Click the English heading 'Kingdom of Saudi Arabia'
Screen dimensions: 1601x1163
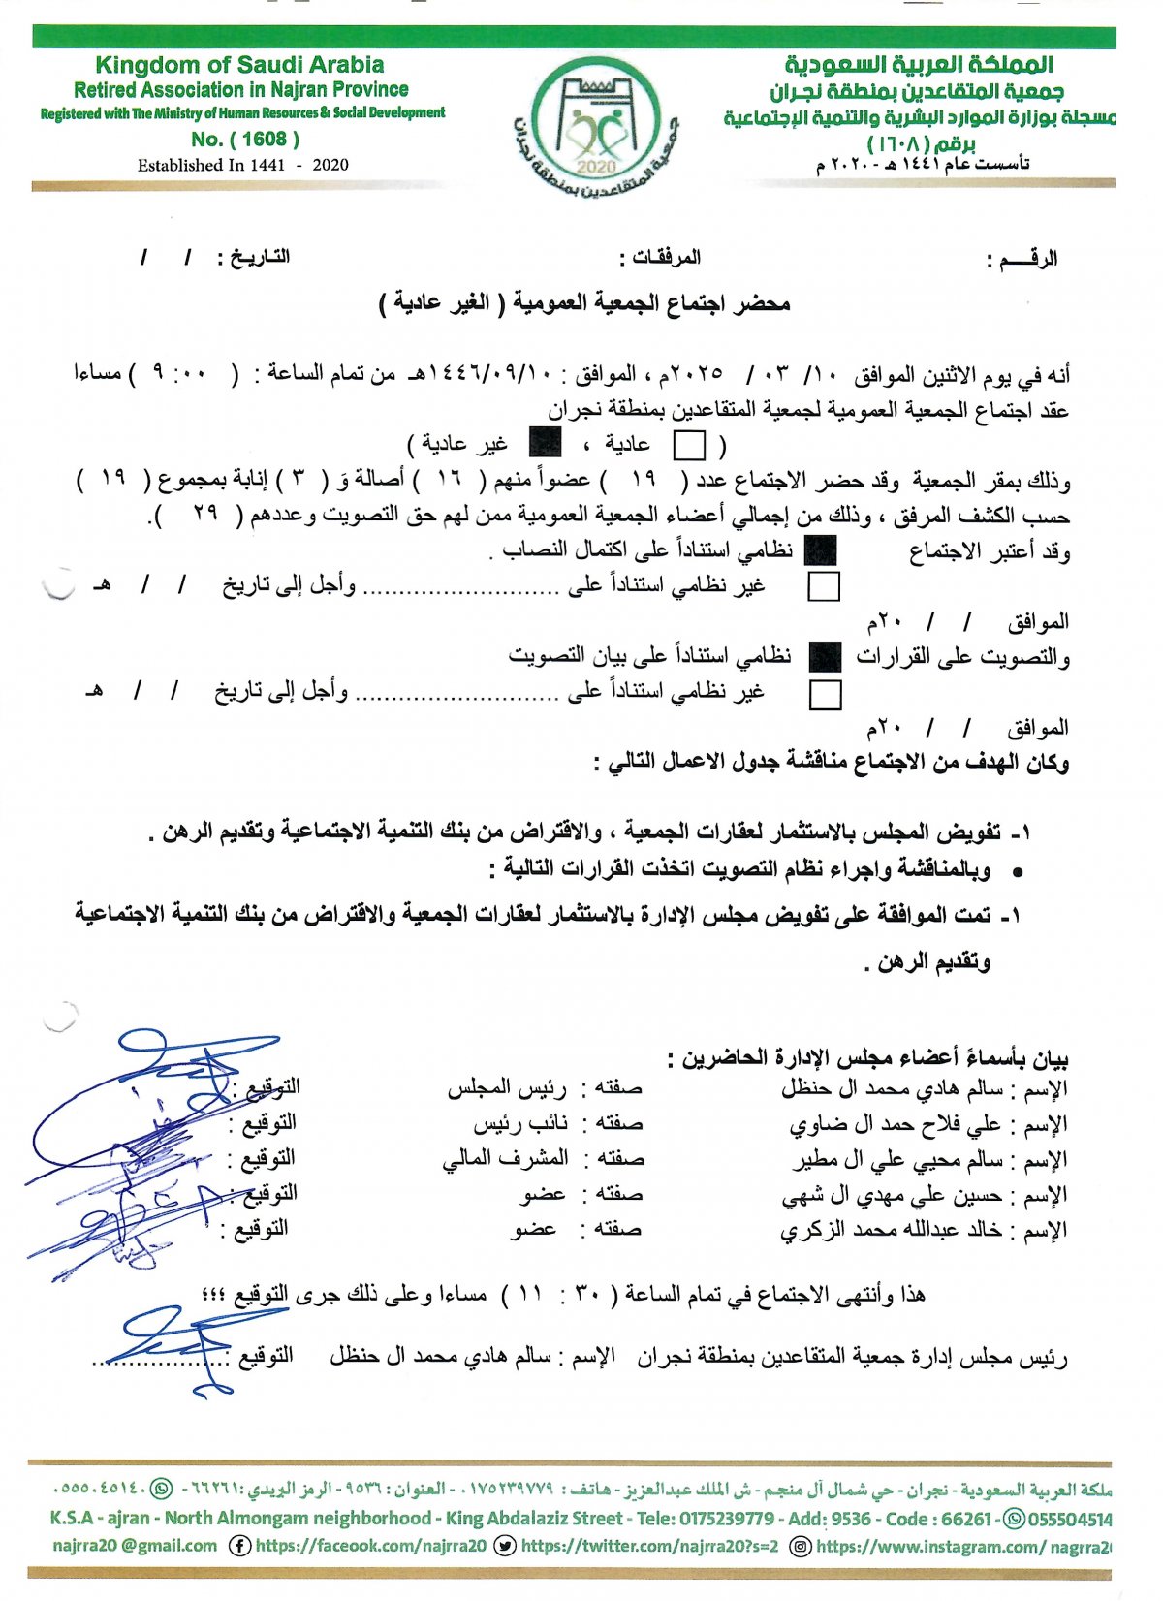point(239,65)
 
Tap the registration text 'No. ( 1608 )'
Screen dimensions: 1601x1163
point(245,139)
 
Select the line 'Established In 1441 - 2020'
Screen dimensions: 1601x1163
point(242,165)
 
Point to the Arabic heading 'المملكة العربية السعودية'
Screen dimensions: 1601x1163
point(918,65)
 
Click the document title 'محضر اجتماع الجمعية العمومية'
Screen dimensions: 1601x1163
point(651,303)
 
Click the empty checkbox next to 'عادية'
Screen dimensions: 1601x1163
point(689,445)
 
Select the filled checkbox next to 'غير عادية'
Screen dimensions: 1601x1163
point(545,444)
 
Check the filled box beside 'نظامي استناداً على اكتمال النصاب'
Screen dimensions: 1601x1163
point(821,550)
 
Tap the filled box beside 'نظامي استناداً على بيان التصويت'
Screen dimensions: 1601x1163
point(825,657)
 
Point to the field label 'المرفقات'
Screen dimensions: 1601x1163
point(666,257)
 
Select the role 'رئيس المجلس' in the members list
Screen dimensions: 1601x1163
point(507,1089)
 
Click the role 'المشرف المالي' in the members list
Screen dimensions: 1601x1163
point(505,1159)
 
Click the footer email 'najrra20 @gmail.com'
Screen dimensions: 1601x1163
point(135,1546)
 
